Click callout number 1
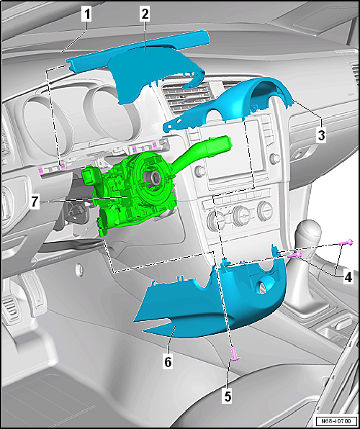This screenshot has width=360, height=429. (x=86, y=15)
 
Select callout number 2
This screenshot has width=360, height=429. (x=145, y=14)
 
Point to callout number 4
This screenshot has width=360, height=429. (x=348, y=278)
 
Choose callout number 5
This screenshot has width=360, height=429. (x=228, y=397)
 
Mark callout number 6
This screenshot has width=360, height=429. (x=168, y=362)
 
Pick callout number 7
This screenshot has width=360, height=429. (x=34, y=203)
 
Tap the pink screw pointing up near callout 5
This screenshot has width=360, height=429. (x=235, y=354)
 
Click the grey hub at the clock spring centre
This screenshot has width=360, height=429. (x=153, y=177)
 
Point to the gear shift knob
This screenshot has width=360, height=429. (x=309, y=232)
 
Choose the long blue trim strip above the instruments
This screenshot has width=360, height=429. (x=137, y=50)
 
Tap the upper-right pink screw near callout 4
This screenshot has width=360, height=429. (x=346, y=243)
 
